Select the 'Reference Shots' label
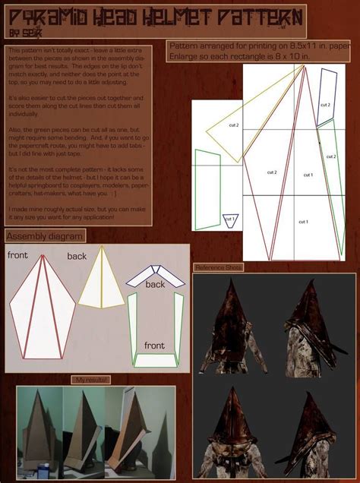[219, 267]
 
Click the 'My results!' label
[92, 379]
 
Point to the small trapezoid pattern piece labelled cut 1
[230, 220]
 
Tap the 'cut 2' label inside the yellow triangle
[233, 125]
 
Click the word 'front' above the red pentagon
[19, 255]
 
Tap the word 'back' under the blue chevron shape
[155, 284]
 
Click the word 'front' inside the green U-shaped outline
[154, 346]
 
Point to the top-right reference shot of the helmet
[314, 323]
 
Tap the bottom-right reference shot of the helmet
[314, 425]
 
